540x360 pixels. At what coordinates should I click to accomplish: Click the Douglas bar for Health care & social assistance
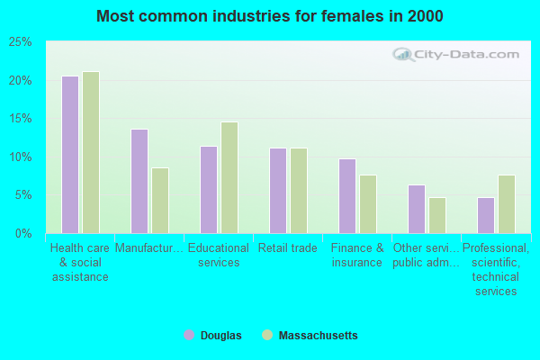point(70,155)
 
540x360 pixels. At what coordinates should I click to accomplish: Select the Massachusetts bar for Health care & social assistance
point(91,153)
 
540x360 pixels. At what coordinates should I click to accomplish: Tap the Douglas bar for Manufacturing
point(139,181)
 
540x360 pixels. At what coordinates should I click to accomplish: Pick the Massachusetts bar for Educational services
point(229,177)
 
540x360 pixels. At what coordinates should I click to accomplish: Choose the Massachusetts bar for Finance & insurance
point(368,204)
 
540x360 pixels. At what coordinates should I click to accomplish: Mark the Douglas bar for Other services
point(417,209)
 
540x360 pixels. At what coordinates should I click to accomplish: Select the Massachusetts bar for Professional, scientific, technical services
point(507,204)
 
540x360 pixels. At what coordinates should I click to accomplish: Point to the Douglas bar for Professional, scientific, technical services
point(486,215)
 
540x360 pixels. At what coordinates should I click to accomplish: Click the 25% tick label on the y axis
point(21,42)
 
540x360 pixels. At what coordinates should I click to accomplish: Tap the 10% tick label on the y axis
point(21,157)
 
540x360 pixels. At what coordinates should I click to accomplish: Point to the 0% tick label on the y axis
point(23,233)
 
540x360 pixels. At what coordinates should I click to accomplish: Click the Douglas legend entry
point(212,336)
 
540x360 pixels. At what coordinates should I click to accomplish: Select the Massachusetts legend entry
point(310,336)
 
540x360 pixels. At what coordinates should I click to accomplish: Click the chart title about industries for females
point(270,16)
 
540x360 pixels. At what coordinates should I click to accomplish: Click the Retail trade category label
point(287,247)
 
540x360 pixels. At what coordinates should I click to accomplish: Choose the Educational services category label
point(218,255)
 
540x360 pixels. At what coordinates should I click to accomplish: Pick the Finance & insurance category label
point(356,255)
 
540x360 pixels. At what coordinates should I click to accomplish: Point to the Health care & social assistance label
point(79,262)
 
